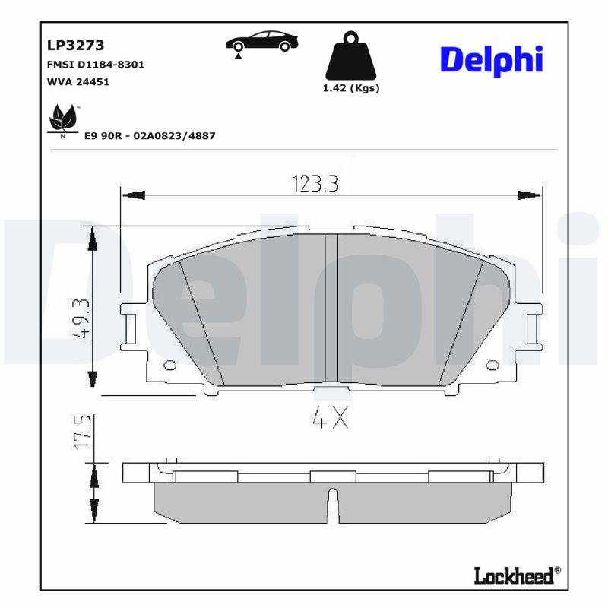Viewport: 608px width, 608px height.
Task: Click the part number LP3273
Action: tap(76, 45)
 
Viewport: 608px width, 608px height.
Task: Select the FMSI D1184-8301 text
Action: tap(96, 65)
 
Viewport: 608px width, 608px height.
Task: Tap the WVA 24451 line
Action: tap(78, 81)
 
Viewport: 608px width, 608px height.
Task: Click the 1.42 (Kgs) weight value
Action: tap(351, 88)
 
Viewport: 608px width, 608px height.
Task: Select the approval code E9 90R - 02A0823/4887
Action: tap(150, 136)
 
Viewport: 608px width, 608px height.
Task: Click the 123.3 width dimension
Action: tap(314, 183)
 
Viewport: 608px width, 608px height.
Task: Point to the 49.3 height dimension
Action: tap(82, 318)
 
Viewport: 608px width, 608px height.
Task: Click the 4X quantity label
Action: tap(330, 417)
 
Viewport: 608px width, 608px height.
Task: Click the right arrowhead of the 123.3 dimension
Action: tap(529, 196)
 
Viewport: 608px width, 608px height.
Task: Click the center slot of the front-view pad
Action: tap(331, 308)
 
